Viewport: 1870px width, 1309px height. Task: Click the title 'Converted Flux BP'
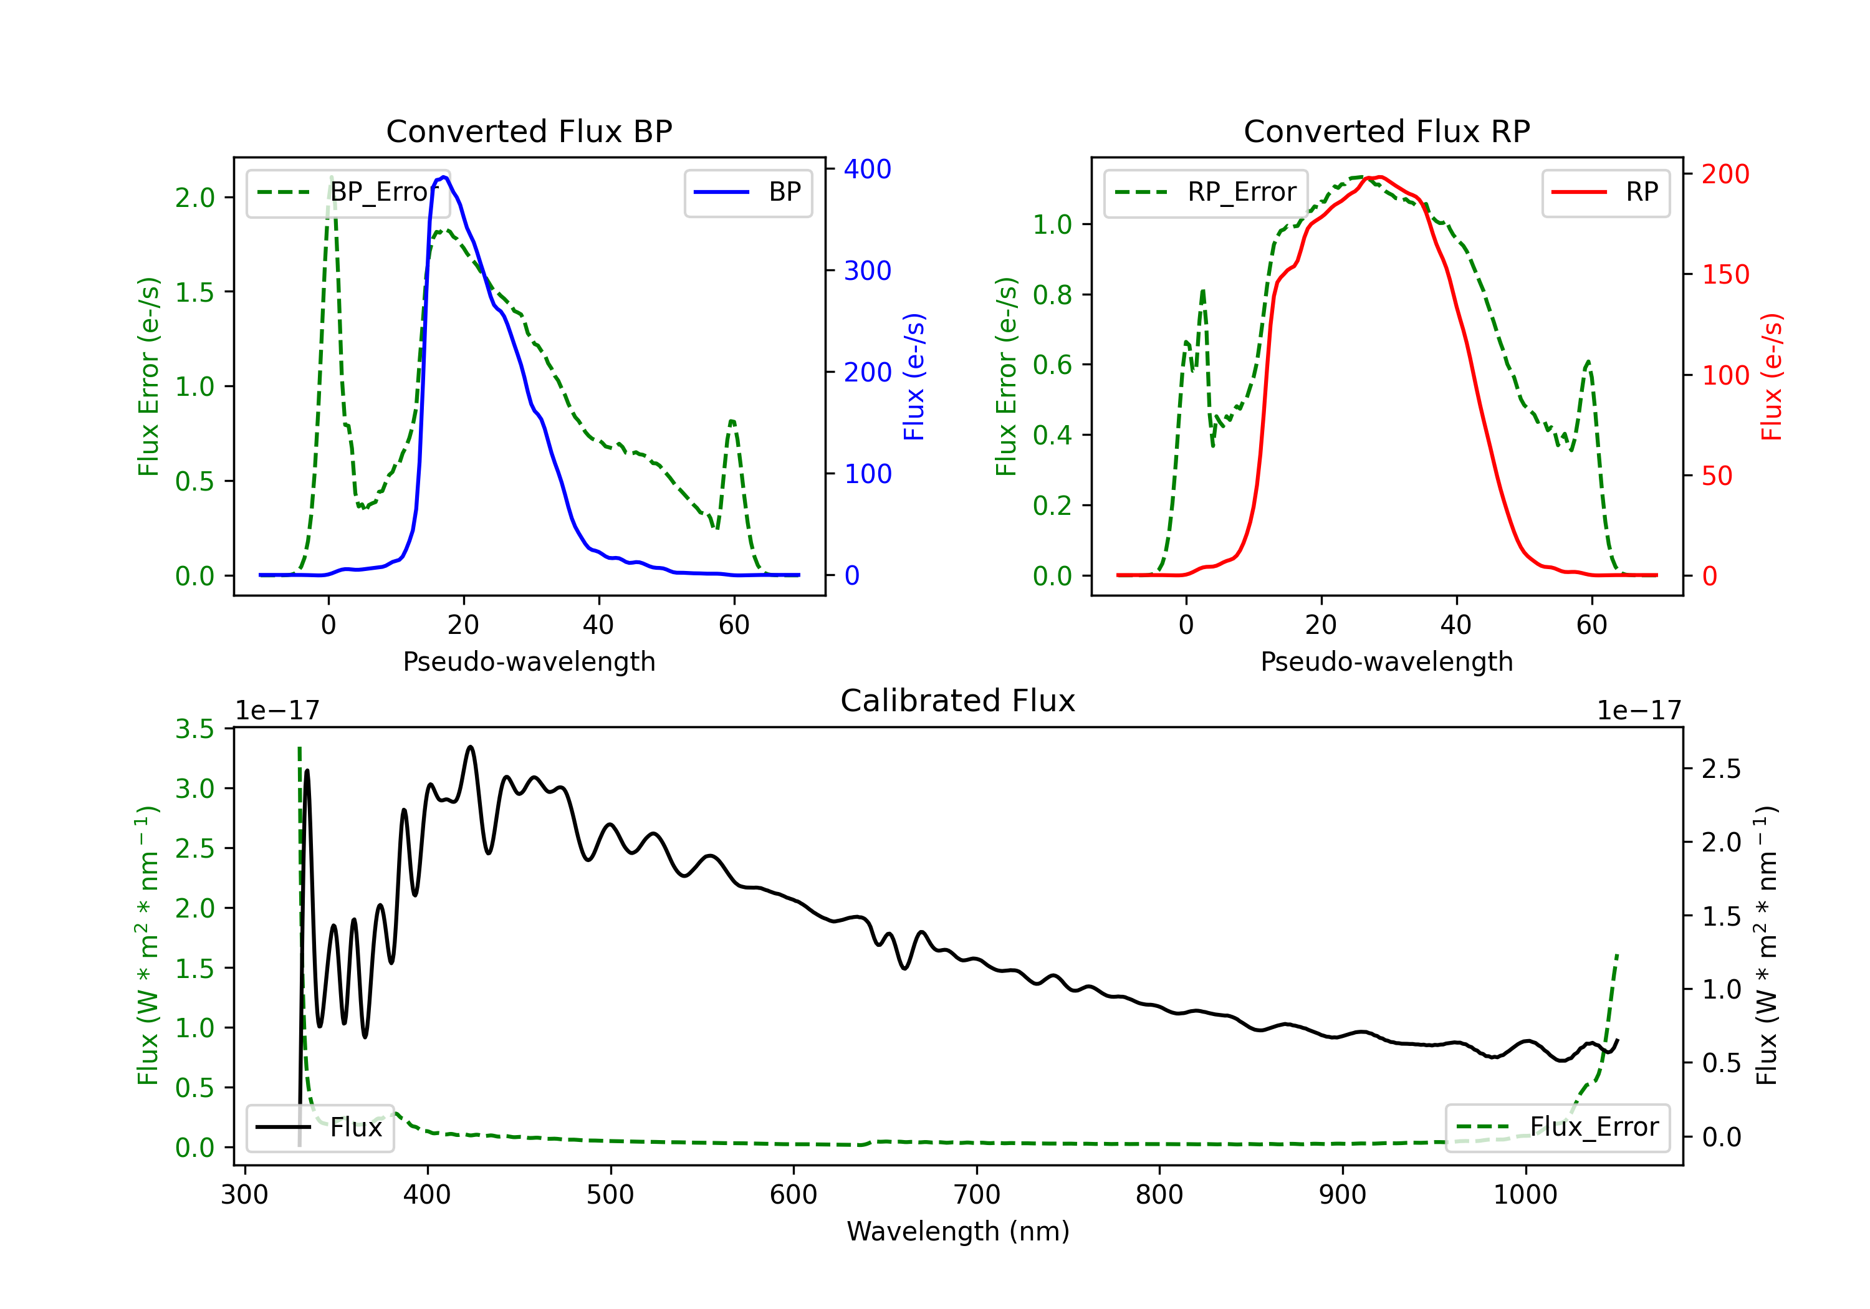pyautogui.click(x=529, y=131)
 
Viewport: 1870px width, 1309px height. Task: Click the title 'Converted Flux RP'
pyautogui.click(x=1386, y=131)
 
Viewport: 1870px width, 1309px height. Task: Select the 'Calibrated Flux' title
pyautogui.click(x=958, y=701)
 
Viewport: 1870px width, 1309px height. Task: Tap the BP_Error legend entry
pyautogui.click(x=348, y=192)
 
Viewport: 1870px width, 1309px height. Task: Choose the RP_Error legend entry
pyautogui.click(x=1206, y=192)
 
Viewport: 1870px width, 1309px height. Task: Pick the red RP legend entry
pyautogui.click(x=1604, y=192)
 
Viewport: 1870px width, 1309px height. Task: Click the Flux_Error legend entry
pyautogui.click(x=1557, y=1128)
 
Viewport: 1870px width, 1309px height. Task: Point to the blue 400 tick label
pyautogui.click(x=868, y=170)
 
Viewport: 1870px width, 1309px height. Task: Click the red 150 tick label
pyautogui.click(x=1725, y=274)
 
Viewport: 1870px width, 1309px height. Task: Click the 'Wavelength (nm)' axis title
pyautogui.click(x=958, y=1231)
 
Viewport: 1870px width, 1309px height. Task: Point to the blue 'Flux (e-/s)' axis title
pyautogui.click(x=914, y=376)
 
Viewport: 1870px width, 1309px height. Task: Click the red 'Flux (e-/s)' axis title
pyautogui.click(x=1772, y=376)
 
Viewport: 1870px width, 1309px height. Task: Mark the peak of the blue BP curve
pyautogui.click(x=444, y=177)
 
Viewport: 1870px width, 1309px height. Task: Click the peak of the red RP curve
pyautogui.click(x=1378, y=177)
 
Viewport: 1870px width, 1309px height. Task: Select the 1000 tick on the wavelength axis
pyautogui.click(x=1525, y=1195)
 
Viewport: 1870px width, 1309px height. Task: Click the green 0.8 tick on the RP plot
pyautogui.click(x=1052, y=295)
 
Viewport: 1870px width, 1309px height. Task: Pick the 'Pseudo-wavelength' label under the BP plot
pyautogui.click(x=529, y=661)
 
